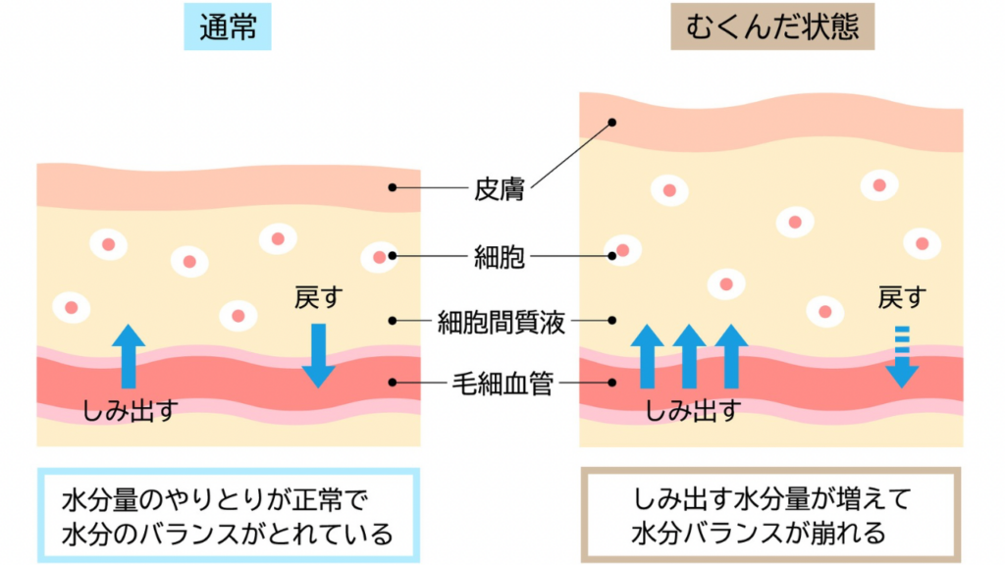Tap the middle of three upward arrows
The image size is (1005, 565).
pos(690,356)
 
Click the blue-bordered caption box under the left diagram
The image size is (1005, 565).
pos(228,515)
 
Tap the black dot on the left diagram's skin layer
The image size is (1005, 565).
pos(392,187)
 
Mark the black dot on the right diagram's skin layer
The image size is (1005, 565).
pos(612,124)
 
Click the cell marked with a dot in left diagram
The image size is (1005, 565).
pos(379,256)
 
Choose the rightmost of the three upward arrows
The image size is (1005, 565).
pos(731,356)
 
